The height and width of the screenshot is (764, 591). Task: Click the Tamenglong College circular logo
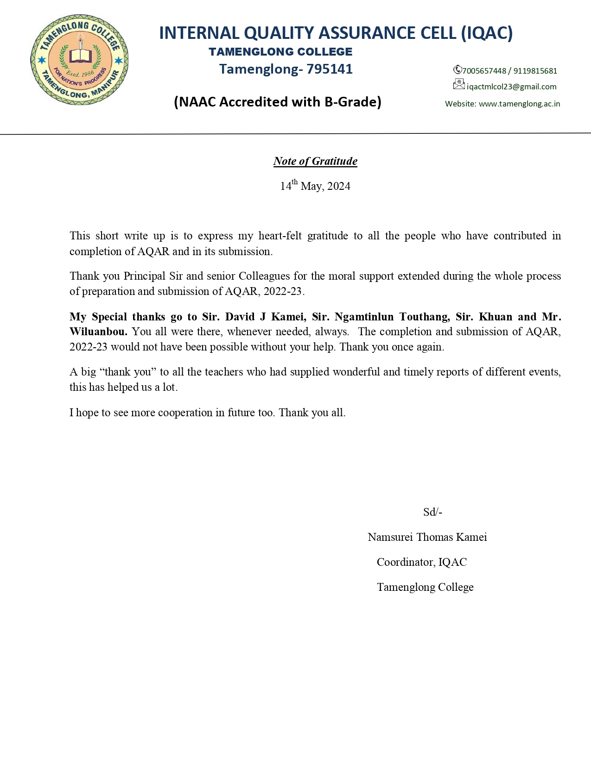[79, 60]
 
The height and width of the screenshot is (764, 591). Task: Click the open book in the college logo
[81, 56]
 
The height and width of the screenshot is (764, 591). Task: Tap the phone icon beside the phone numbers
[457, 70]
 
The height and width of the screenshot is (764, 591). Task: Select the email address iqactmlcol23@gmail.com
[511, 87]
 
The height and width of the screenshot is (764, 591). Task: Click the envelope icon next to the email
[458, 84]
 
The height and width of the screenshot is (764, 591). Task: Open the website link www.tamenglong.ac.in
[519, 104]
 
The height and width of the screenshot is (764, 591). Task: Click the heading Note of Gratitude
[315, 161]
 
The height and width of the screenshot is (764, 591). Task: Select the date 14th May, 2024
[315, 186]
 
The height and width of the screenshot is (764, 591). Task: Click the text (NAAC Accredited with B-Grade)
[277, 101]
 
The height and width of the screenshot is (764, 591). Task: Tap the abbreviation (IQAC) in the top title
[487, 33]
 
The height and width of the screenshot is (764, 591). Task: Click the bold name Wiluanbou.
[98, 332]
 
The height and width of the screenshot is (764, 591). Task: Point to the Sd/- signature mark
[432, 512]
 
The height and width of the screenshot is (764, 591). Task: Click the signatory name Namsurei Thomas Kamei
[427, 537]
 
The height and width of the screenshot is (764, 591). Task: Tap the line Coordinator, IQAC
[421, 562]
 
